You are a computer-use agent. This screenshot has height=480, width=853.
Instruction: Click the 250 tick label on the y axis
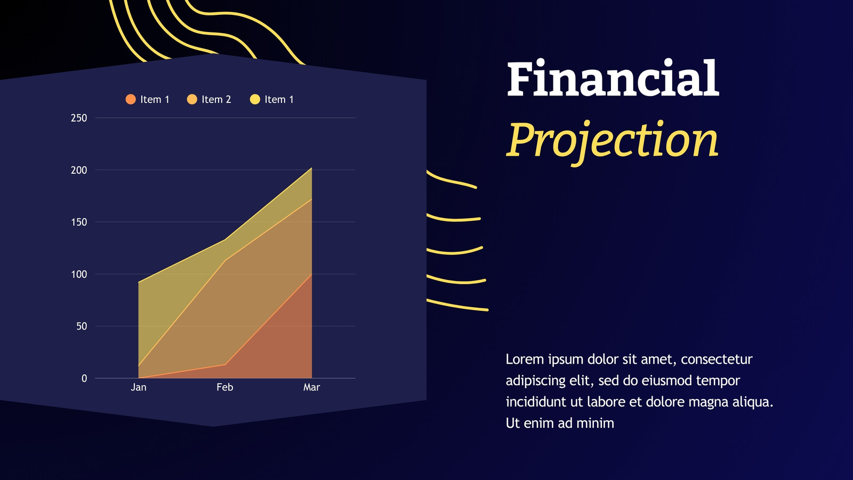click(79, 118)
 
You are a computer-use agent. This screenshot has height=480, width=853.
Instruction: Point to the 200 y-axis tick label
click(79, 170)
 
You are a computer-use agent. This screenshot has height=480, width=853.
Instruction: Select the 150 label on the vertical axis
click(79, 222)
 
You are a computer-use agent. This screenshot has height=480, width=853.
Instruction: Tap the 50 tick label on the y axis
click(82, 326)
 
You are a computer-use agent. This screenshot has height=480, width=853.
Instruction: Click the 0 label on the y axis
click(84, 378)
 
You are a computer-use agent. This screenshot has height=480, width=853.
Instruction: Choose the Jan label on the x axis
click(139, 387)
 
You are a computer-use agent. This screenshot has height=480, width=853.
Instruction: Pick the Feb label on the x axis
click(224, 387)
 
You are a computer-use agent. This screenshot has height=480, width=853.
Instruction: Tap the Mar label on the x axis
click(311, 387)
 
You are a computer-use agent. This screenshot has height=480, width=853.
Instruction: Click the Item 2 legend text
click(216, 99)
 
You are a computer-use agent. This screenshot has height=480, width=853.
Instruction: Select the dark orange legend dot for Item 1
click(131, 99)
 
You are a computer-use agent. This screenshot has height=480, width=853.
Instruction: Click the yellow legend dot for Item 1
click(255, 99)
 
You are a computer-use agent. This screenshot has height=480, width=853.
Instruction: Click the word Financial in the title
click(613, 78)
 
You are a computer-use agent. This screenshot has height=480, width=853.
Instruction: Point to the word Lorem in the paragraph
click(525, 359)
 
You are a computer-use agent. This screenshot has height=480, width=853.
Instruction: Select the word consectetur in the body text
click(717, 359)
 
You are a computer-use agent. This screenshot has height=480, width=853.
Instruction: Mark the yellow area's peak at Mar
click(311, 168)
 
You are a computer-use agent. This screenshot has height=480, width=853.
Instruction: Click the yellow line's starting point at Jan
click(139, 283)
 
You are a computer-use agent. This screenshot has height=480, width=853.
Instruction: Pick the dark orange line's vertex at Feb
click(226, 365)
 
